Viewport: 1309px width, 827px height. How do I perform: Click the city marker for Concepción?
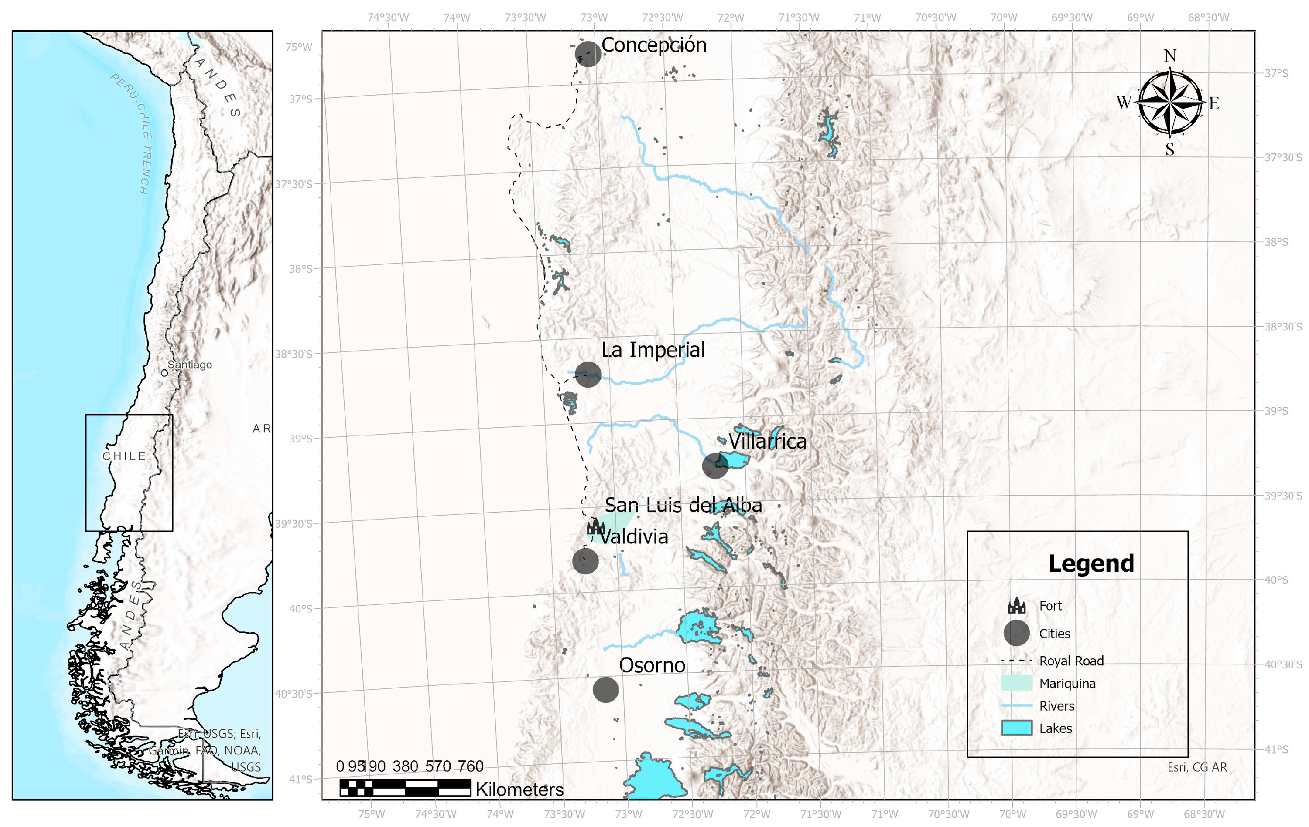tap(588, 54)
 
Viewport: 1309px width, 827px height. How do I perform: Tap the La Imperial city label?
tap(653, 350)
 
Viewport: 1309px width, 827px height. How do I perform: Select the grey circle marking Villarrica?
tap(715, 466)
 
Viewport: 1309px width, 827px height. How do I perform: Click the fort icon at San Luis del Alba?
tap(596, 526)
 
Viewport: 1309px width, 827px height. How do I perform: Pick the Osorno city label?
tap(652, 666)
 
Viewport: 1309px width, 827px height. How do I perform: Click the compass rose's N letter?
tap(1170, 56)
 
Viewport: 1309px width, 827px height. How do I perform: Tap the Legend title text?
tap(1091, 564)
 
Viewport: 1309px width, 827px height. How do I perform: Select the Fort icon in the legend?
tap(1016, 605)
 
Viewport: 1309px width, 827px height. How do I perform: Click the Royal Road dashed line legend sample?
tap(1016, 661)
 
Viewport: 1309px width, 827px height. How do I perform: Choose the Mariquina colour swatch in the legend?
tap(1016, 683)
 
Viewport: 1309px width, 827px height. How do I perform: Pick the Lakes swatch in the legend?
tap(1016, 728)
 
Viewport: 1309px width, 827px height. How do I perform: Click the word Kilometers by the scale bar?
tap(519, 789)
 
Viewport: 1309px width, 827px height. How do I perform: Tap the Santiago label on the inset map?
tap(189, 365)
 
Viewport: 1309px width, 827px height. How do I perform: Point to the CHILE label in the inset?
tap(124, 456)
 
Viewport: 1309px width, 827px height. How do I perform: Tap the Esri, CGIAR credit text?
tap(1197, 767)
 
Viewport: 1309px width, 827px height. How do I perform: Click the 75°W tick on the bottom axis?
tap(372, 814)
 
